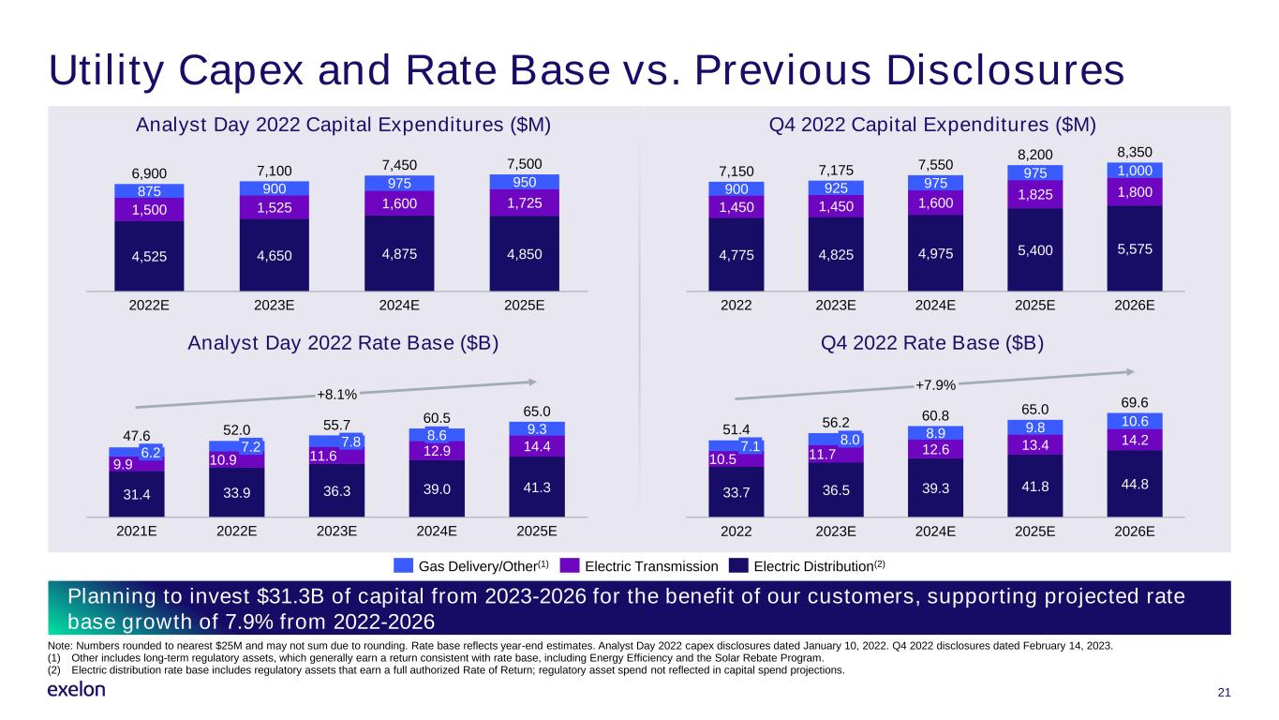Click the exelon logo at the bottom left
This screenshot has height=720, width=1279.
[x=77, y=690]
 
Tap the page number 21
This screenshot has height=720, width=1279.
[x=1224, y=693]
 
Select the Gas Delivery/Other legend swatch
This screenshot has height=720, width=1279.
[x=403, y=565]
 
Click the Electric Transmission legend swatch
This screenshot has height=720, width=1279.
[x=570, y=565]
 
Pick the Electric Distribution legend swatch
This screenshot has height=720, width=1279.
[x=738, y=565]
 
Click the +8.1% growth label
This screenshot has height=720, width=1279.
[x=337, y=395]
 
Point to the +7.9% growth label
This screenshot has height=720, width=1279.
[x=935, y=385]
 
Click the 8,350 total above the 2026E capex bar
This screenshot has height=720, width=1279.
[x=1135, y=152]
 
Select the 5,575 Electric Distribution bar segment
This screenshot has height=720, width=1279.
[x=1135, y=248]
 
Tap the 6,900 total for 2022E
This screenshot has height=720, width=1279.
[x=149, y=173]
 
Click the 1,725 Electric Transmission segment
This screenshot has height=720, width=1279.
[x=524, y=202]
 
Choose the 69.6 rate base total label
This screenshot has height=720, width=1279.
[x=1135, y=402]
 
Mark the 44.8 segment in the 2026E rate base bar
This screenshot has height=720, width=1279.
[x=1135, y=484]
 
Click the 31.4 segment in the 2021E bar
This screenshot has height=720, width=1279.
[x=137, y=494]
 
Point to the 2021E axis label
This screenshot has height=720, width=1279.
[x=137, y=532]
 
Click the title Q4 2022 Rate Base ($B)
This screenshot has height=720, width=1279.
[x=931, y=343]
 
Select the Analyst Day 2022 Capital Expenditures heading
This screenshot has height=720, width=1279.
[x=343, y=125]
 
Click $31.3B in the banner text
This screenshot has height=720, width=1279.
[x=290, y=596]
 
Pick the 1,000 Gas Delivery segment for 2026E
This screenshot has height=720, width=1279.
[x=1135, y=171]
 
